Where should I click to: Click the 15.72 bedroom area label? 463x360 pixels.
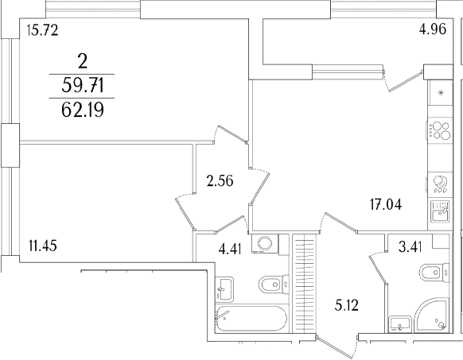(x=43, y=33)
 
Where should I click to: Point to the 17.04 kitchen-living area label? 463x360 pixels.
(x=385, y=203)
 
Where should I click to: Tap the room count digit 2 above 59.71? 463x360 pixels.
(x=82, y=59)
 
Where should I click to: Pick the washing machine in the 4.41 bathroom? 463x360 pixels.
(x=263, y=245)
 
